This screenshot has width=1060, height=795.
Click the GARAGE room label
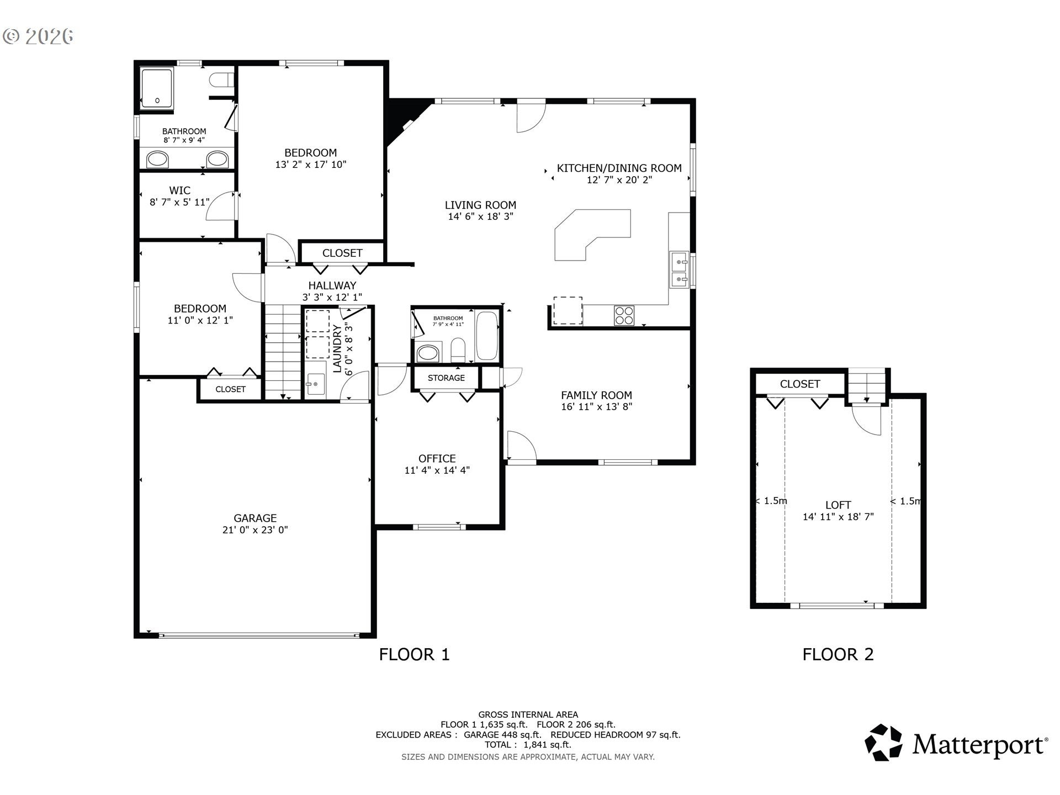(x=255, y=518)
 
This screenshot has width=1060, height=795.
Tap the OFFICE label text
(x=437, y=458)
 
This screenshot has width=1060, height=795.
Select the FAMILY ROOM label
(x=596, y=395)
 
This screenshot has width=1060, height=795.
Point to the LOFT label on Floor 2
(x=838, y=505)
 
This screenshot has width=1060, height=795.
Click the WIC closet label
(x=180, y=190)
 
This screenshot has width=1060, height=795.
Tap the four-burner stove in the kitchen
(x=624, y=316)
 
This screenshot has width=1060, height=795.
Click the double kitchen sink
(x=679, y=270)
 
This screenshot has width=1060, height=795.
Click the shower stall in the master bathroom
(x=157, y=88)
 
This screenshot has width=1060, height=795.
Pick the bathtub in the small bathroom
(x=487, y=336)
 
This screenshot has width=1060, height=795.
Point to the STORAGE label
(x=446, y=378)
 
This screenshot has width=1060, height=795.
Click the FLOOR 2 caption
(x=838, y=655)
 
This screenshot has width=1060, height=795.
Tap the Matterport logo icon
(x=883, y=743)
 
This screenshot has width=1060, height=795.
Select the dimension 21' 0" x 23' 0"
(x=255, y=530)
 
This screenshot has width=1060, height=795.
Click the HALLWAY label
(x=332, y=285)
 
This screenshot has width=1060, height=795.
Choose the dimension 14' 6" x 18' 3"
(x=481, y=216)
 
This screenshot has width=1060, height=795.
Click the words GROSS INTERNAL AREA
(x=528, y=714)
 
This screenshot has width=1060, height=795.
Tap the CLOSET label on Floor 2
(x=800, y=384)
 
